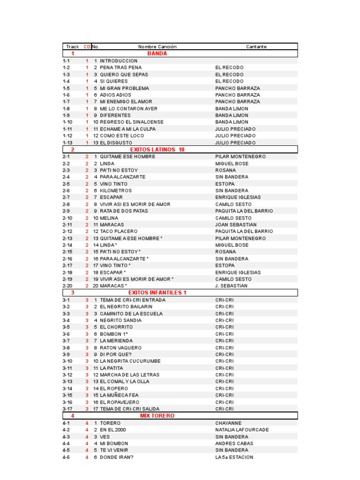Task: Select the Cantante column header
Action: tap(256, 47)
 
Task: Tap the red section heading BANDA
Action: tap(157, 54)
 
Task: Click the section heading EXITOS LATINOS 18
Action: tap(157, 150)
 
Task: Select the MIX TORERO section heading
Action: tap(157, 416)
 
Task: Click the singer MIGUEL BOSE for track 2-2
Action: tap(232, 163)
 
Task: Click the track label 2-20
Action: tap(67, 286)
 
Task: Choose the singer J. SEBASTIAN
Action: tap(231, 286)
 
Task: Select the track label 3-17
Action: tap(67, 409)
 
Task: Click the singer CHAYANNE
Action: tap(228, 423)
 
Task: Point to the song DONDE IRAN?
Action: tap(117, 457)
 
